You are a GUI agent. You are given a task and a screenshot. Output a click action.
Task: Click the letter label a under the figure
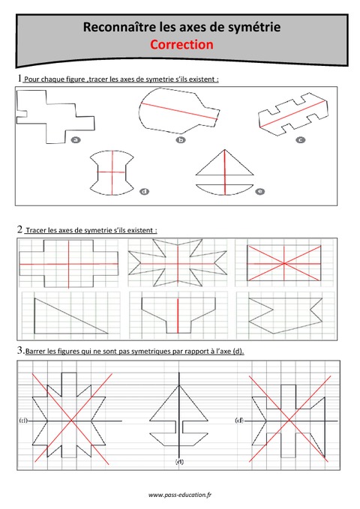point(75,139)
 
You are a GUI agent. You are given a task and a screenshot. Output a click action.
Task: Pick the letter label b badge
point(181,139)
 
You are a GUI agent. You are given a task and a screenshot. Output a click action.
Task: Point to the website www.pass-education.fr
point(179,495)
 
